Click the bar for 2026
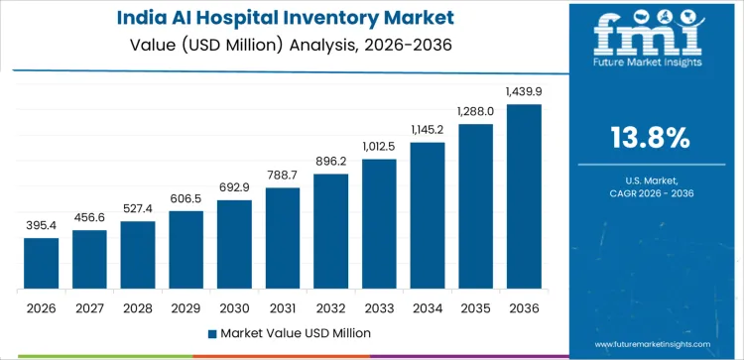point(41,264)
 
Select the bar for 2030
point(234,244)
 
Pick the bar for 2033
point(379,224)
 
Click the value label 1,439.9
point(524,91)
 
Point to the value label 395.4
point(41,226)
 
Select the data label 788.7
point(283,176)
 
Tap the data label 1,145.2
point(428,130)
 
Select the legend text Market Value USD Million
point(288,332)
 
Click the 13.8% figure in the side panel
point(651,138)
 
